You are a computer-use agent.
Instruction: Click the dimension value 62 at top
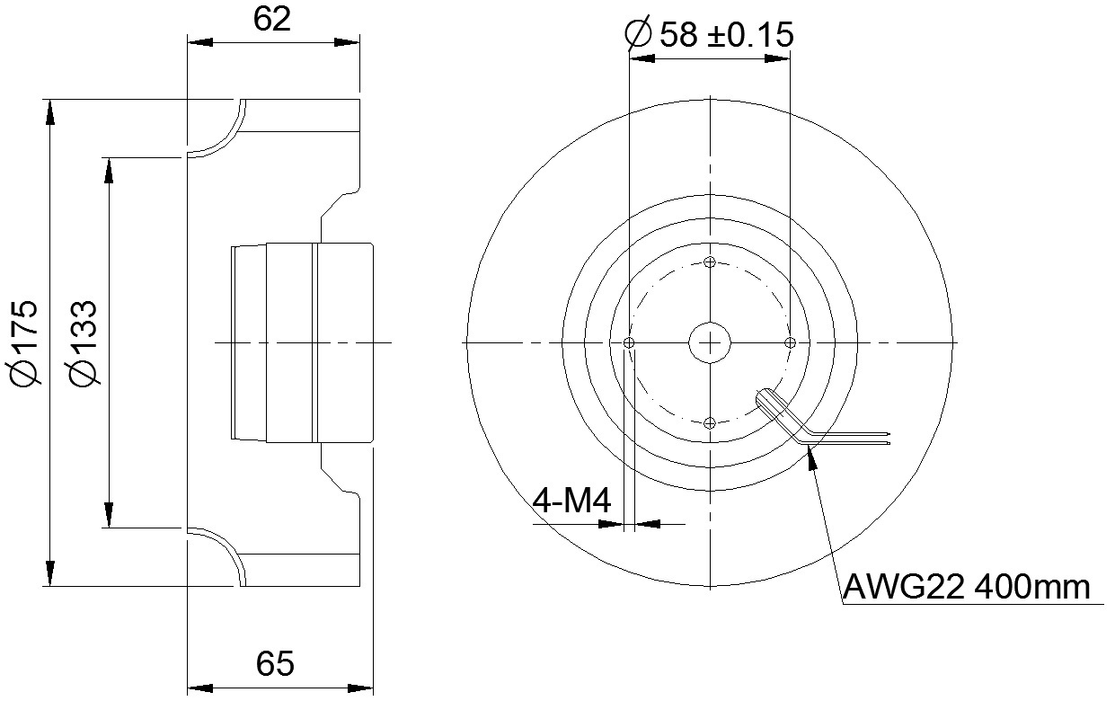point(271,20)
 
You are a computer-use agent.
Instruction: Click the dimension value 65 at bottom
point(275,663)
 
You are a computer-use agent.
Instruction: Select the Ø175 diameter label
point(22,342)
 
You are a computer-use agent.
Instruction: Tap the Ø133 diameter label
point(82,342)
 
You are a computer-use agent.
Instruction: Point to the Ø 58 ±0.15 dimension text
point(709,34)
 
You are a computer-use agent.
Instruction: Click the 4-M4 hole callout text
point(571,501)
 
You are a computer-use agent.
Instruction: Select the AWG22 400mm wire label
point(966,588)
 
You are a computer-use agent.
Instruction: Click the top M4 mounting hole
point(710,262)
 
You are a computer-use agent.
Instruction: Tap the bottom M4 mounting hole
point(710,423)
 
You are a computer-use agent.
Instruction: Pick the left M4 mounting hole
point(629,342)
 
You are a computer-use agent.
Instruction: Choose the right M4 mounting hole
point(790,342)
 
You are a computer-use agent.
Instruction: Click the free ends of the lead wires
point(888,438)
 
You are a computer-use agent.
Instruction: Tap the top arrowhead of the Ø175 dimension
point(49,112)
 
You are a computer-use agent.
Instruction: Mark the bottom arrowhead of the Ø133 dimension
point(108,514)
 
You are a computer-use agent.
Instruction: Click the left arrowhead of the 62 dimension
point(200,42)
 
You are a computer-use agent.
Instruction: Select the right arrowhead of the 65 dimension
point(360,688)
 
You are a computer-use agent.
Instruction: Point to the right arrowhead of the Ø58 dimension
point(777,58)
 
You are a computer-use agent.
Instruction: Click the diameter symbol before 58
point(638,34)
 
